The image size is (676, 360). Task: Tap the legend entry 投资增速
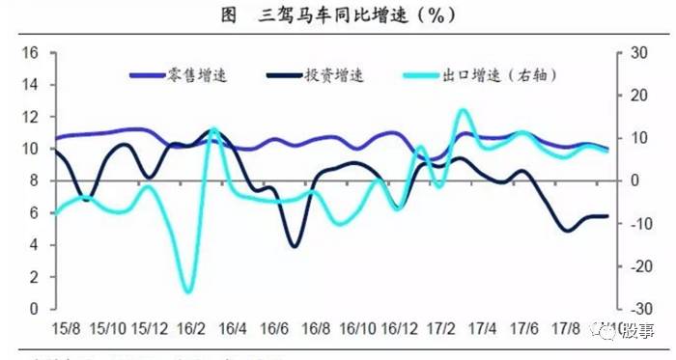pos(333,74)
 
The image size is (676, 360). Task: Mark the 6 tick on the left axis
pos(33,213)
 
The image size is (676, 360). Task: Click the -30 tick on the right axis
pos(637,309)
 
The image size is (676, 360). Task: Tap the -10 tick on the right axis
pos(637,224)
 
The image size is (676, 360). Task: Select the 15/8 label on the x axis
pos(67,328)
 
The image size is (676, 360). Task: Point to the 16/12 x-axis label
pos(401,328)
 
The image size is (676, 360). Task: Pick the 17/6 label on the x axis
pos(524,328)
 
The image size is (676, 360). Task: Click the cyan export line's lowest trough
pos(189,291)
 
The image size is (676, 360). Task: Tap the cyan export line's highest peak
pos(461,111)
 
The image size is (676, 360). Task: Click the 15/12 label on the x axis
pos(151,328)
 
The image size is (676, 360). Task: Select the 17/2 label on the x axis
pos(441,328)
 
